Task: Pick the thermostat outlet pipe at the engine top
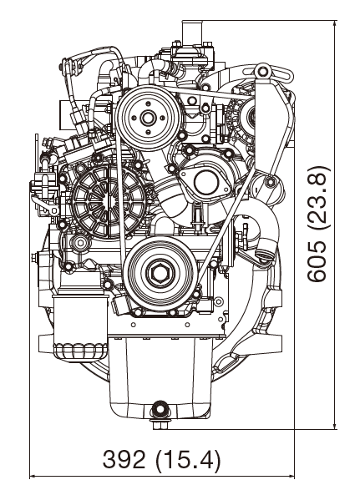click(191, 33)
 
